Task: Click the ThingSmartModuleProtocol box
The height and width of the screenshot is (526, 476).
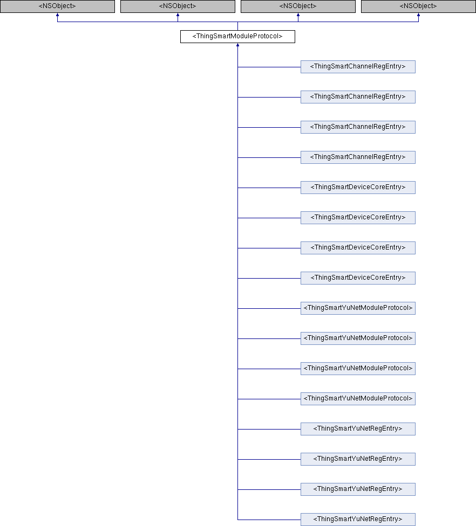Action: coord(237,37)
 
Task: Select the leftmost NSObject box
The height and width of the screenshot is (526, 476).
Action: coord(57,6)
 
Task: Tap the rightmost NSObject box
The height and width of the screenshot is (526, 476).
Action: coord(418,6)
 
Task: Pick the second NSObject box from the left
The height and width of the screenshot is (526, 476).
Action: coord(178,6)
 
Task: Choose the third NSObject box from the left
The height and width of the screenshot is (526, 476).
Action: coord(298,6)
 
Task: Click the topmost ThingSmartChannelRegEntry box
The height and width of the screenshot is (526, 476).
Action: coord(358,67)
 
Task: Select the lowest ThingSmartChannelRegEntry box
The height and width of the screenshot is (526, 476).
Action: coord(358,157)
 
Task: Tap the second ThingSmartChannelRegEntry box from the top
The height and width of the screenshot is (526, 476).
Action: coord(358,97)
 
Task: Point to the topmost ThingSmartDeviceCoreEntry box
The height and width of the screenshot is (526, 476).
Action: coord(358,188)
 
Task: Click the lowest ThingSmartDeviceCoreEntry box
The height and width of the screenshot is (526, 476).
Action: coord(358,278)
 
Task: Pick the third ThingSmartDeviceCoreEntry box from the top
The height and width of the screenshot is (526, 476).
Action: coord(358,248)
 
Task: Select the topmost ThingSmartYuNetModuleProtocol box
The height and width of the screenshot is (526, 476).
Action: coord(358,308)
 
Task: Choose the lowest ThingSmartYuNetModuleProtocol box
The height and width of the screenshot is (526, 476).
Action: coord(358,399)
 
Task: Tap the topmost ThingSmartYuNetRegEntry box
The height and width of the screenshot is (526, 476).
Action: coord(358,429)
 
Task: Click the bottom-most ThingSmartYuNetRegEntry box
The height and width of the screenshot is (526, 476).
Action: coord(358,520)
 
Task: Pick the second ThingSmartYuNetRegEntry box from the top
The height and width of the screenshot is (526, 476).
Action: coord(358,459)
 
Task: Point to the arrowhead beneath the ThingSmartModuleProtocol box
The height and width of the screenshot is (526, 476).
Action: coord(237,45)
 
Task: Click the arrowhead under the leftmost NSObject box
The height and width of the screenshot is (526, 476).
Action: coord(57,15)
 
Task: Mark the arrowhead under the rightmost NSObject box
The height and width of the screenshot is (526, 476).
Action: coord(419,15)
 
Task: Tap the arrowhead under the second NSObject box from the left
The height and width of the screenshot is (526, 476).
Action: coord(178,15)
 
